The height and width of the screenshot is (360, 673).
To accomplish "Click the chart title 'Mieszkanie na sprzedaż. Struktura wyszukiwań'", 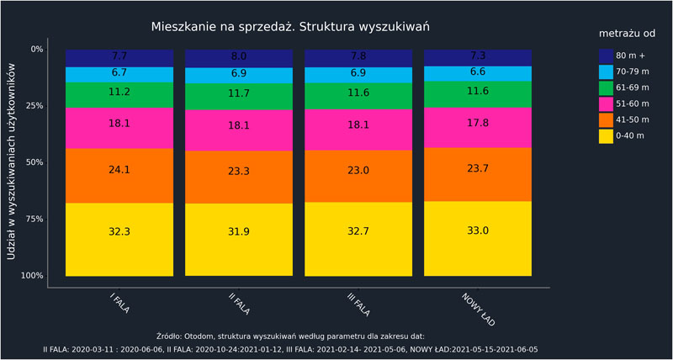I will click(290, 27).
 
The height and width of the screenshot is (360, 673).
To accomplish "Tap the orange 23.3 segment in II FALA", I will click(239, 177).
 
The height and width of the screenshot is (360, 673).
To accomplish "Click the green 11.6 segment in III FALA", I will click(358, 96).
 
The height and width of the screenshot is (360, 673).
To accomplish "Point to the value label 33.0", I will click(477, 230).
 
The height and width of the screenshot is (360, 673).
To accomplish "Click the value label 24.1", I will click(119, 169).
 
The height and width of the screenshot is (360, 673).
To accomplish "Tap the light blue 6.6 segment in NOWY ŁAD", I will click(477, 73).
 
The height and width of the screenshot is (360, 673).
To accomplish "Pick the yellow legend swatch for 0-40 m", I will click(606, 136).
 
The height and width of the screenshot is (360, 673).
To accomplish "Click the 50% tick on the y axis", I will click(36, 162).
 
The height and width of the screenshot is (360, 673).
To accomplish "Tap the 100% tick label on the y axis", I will click(32, 276).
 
